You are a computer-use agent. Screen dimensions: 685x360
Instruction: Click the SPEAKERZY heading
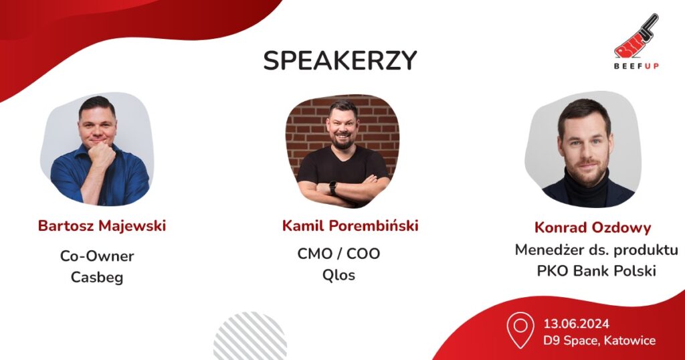click(x=340, y=60)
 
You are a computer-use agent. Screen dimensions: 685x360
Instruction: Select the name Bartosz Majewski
click(x=102, y=226)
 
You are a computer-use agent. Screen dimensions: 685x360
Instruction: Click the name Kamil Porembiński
click(x=351, y=226)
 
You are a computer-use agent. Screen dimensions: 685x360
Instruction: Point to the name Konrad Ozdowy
click(x=593, y=228)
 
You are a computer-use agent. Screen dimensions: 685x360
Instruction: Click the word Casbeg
click(x=97, y=278)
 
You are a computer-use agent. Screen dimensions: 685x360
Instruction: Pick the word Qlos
click(x=338, y=275)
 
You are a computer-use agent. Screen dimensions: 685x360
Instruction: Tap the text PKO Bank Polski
click(x=596, y=271)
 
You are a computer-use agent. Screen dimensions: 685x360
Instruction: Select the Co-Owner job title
click(x=97, y=256)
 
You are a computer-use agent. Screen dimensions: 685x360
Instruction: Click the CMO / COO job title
click(x=338, y=254)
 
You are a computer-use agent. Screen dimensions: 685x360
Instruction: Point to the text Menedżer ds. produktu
click(x=596, y=250)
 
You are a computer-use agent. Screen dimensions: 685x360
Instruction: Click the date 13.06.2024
click(x=576, y=324)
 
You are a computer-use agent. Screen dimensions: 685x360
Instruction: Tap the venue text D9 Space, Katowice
click(x=599, y=341)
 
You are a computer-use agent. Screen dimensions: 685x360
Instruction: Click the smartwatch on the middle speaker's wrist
click(x=333, y=187)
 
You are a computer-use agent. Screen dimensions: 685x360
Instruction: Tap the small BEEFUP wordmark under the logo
click(x=636, y=66)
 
